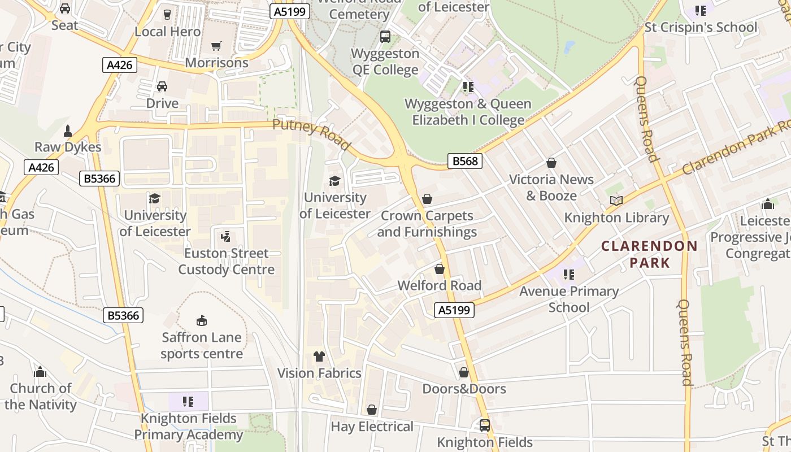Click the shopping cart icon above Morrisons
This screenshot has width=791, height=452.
tap(216, 46)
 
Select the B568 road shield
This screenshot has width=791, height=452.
tap(465, 161)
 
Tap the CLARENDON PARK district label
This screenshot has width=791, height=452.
tap(649, 254)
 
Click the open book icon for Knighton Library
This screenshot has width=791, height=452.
tap(616, 201)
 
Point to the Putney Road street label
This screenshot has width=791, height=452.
tap(311, 134)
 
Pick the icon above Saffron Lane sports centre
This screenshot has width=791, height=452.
tap(201, 321)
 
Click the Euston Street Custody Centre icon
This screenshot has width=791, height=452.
tap(226, 236)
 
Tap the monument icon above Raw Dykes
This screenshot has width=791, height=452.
tap(68, 131)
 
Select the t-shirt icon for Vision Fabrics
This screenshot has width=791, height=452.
tap(319, 357)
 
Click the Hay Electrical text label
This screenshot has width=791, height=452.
tap(372, 427)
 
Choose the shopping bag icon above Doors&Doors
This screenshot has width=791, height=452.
tap(464, 372)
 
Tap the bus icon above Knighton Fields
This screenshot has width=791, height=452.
tap(484, 425)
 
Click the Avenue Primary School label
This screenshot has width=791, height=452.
tap(569, 299)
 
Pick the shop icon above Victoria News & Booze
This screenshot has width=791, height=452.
tap(551, 163)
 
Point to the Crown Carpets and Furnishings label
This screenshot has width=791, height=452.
tap(427, 224)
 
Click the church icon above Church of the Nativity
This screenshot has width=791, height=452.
tap(40, 372)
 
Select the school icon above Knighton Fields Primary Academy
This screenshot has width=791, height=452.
tap(188, 402)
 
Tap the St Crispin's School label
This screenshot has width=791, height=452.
tap(701, 27)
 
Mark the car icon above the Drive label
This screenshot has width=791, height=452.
tap(162, 86)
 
